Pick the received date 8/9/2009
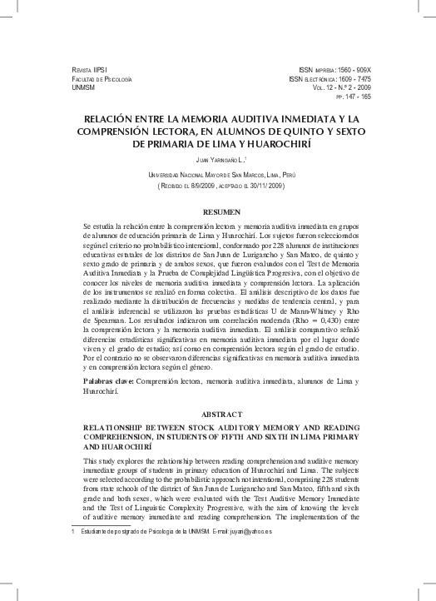click(206, 186)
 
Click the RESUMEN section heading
click(218, 211)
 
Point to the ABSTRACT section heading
click(218, 412)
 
